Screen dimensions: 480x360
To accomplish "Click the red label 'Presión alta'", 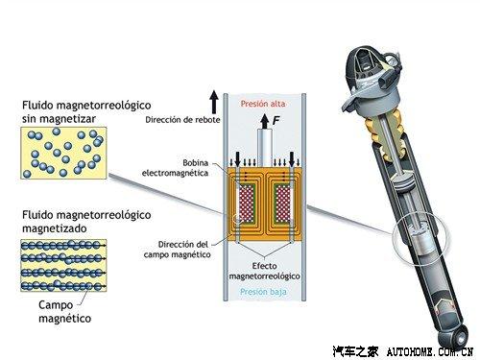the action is [263, 104].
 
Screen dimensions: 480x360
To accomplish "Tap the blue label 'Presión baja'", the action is [263, 292].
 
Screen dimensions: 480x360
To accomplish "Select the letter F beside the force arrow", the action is [276, 120].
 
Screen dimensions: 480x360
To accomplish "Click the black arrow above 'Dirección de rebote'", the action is [214, 102].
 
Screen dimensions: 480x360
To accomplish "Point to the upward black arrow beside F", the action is [265, 122].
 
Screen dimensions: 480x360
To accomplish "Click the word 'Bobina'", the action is [195, 163].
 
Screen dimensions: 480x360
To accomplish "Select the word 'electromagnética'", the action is [175, 173].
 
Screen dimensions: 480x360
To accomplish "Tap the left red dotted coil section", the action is [246, 204].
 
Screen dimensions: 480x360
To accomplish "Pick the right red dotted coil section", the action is [283, 204].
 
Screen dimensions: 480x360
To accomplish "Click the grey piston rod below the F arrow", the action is [265, 148].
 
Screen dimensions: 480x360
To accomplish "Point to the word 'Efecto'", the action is [264, 266].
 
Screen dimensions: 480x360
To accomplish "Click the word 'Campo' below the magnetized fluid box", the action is [56, 305].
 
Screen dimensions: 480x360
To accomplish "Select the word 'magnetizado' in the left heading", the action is [55, 228].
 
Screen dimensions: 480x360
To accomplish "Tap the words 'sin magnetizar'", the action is [59, 119].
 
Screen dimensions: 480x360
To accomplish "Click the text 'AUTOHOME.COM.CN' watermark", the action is [430, 352].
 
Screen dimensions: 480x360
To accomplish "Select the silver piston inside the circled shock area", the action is [420, 242].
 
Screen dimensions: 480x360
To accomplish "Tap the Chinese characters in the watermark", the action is [355, 351].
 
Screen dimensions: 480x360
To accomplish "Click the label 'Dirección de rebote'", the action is [182, 120].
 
